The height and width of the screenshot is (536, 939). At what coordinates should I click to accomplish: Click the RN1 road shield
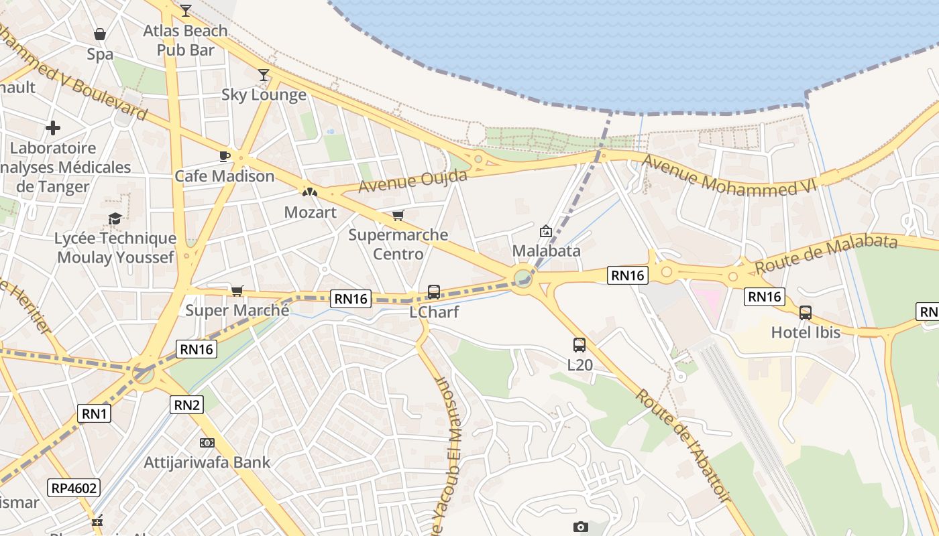point(95,413)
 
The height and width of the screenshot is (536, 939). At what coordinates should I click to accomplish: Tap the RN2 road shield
point(187,404)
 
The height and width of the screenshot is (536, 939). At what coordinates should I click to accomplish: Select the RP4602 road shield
point(74,488)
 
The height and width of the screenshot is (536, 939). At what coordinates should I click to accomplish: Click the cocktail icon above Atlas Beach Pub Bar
point(186,10)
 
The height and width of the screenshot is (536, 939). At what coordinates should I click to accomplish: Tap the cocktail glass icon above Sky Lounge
point(264,74)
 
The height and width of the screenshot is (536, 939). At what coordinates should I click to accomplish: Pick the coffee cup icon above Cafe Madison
point(224,157)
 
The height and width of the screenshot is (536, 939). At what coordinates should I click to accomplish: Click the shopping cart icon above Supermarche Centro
point(398,215)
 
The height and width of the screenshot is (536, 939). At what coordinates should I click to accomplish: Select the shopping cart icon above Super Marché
point(237,291)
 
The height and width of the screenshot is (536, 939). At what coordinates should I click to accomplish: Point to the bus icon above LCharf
point(433,292)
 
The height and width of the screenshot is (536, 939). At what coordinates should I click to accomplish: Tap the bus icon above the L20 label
point(579,345)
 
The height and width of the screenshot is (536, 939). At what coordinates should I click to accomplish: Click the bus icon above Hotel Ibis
point(806,312)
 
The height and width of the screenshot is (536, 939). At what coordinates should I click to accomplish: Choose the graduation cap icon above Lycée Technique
point(115,219)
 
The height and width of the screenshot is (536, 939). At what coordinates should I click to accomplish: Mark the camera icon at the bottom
point(581,527)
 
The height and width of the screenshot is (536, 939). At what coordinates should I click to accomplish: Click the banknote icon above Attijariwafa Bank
point(207,443)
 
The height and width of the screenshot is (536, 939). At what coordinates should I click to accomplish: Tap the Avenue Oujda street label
point(413,181)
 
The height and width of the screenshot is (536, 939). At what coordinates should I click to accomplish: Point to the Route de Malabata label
point(826,254)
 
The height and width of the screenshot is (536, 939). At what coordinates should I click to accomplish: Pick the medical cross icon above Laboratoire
point(53,128)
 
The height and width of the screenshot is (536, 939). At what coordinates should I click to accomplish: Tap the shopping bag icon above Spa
point(100,34)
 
